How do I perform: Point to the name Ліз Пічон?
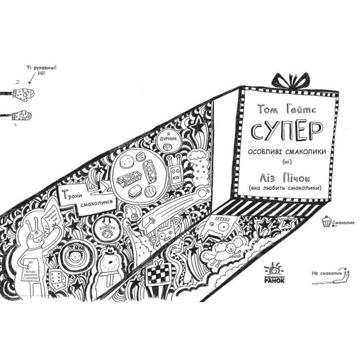284,176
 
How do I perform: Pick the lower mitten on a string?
23,115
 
